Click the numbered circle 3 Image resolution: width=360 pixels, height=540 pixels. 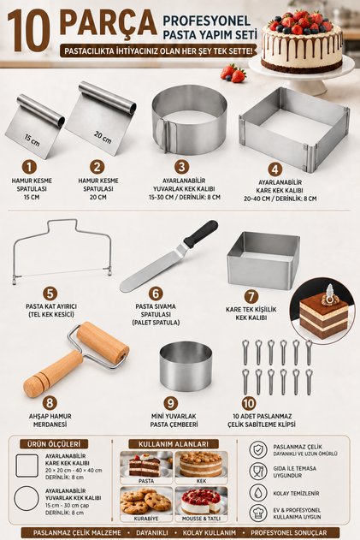click(182, 167)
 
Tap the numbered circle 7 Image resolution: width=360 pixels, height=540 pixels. click(251, 296)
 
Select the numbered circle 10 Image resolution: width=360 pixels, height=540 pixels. click(249, 403)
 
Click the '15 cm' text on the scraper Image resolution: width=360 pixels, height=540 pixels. click(32, 140)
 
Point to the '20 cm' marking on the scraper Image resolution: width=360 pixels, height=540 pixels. click(103, 137)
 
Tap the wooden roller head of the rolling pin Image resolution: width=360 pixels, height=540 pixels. click(103, 342)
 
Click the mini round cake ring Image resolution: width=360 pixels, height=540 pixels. click(186, 366)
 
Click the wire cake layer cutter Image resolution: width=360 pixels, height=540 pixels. click(62, 252)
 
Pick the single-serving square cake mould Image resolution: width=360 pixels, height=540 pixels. click(263, 260)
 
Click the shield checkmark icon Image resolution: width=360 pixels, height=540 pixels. click(258, 450)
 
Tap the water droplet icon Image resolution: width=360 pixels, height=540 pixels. click(258, 493)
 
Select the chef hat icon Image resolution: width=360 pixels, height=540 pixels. click(258, 513)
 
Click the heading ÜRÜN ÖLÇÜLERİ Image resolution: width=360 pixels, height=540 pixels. click(54, 444)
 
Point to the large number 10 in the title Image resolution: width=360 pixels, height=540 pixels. click(29, 31)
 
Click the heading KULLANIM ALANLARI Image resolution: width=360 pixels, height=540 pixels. click(174, 444)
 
